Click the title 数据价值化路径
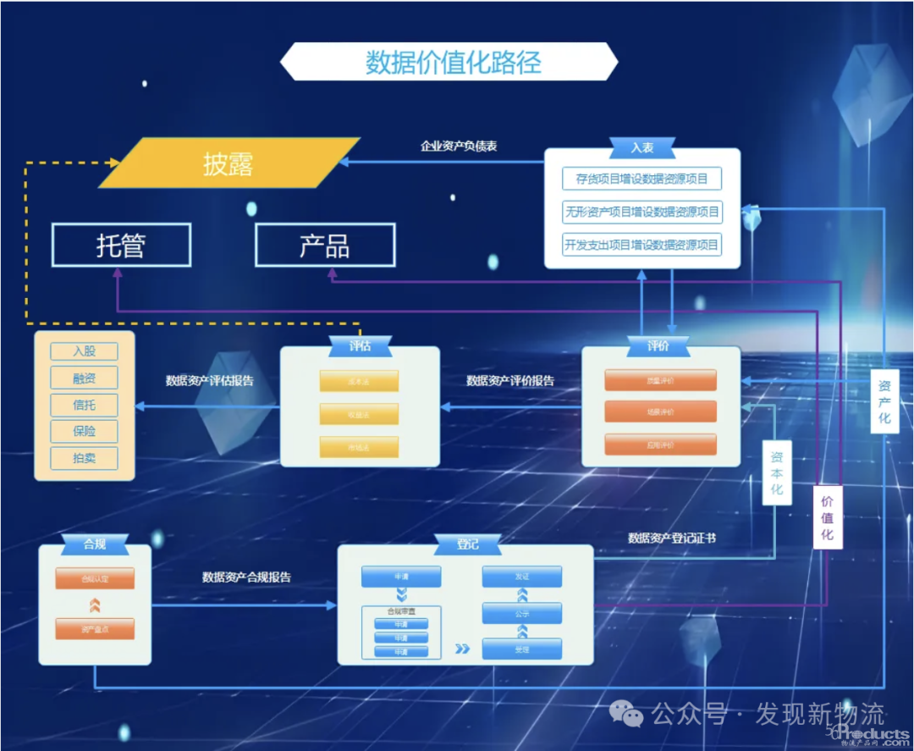pos(453,63)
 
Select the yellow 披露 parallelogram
pos(228,163)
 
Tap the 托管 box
pos(121,246)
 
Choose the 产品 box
pos(325,246)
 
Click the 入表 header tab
pos(641,147)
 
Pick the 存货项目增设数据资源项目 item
pos(641,179)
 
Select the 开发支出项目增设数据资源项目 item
pos(641,245)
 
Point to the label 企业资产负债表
pos(459,146)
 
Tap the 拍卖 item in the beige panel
pos(84,458)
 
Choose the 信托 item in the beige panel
pos(84,405)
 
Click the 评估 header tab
pos(360,345)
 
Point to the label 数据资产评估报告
pos(209,380)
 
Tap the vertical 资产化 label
pos(884,401)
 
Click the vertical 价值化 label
pos(827,516)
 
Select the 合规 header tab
pos(95,544)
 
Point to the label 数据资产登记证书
pos(671,538)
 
